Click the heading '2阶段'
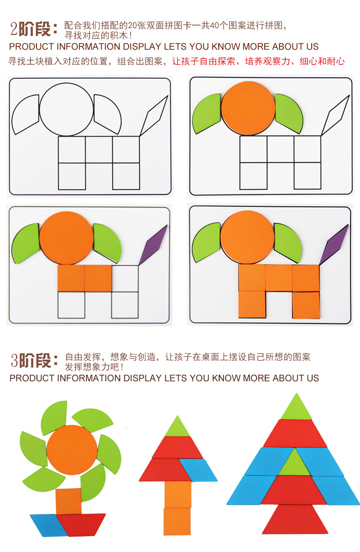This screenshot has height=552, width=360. (35, 28)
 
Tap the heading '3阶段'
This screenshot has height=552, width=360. (35, 360)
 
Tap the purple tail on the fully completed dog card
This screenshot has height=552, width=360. (334, 244)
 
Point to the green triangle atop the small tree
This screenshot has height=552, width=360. (177, 427)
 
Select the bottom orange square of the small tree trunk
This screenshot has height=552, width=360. (177, 521)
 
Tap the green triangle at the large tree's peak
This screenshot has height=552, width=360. (297, 408)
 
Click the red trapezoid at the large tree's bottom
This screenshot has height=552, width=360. (295, 519)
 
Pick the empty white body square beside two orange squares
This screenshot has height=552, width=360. (125, 278)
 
